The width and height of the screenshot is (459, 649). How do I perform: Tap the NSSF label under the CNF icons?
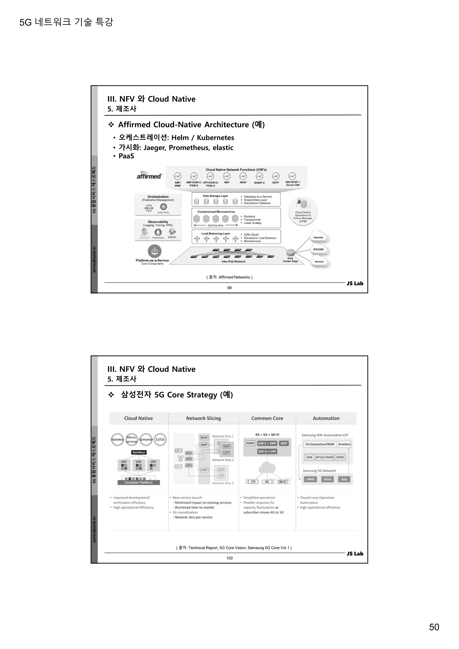(x=243, y=183)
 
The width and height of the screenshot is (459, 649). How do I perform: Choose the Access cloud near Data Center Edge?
(x=319, y=262)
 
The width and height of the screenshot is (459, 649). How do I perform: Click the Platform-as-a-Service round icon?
(x=155, y=251)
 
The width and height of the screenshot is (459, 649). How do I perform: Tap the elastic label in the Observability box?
(x=172, y=237)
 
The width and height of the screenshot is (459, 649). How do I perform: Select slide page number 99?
(x=229, y=288)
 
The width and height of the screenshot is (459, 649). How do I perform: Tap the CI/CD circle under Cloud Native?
(x=160, y=439)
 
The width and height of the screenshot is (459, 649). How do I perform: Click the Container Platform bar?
(x=139, y=482)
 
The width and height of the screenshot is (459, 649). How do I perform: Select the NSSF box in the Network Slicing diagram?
(x=204, y=438)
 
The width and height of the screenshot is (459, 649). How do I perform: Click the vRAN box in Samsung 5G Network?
(x=310, y=479)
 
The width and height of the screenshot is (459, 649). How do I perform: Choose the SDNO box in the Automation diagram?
(x=340, y=457)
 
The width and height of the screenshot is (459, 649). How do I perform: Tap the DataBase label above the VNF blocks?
(x=139, y=452)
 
